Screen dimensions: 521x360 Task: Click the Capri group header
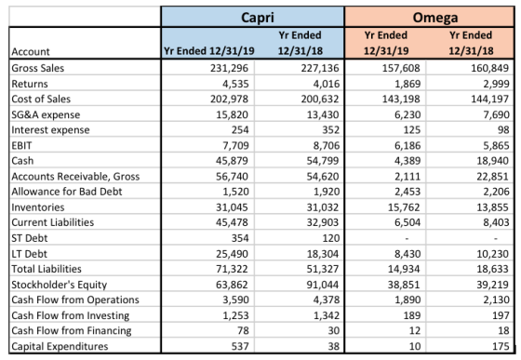tap(258, 18)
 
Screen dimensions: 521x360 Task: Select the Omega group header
tap(435, 18)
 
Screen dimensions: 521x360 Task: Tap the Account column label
tap(31, 51)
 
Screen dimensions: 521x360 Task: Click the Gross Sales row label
tap(38, 68)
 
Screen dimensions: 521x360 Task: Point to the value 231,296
tap(229, 68)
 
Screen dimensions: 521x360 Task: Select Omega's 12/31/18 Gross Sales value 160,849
tap(489, 68)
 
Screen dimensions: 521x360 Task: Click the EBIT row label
tap(22, 145)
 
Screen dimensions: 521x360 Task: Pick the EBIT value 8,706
tap(322, 145)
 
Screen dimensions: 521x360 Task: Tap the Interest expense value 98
tap(503, 130)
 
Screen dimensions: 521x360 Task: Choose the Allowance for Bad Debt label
tap(67, 192)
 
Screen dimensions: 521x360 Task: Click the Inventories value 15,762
tap(404, 207)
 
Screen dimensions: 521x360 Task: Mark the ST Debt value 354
tap(240, 238)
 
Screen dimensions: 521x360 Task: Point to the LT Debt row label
tap(29, 254)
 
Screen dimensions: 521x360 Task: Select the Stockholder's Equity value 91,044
tap(322, 285)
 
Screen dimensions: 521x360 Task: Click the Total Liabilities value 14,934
tap(404, 269)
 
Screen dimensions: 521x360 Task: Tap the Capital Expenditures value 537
tap(240, 346)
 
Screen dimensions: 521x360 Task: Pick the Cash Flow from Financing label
tap(72, 331)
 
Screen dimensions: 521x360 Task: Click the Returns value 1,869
tap(407, 84)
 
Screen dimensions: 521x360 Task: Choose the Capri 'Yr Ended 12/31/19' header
tap(209, 51)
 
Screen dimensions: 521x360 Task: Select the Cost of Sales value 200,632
tap(320, 99)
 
